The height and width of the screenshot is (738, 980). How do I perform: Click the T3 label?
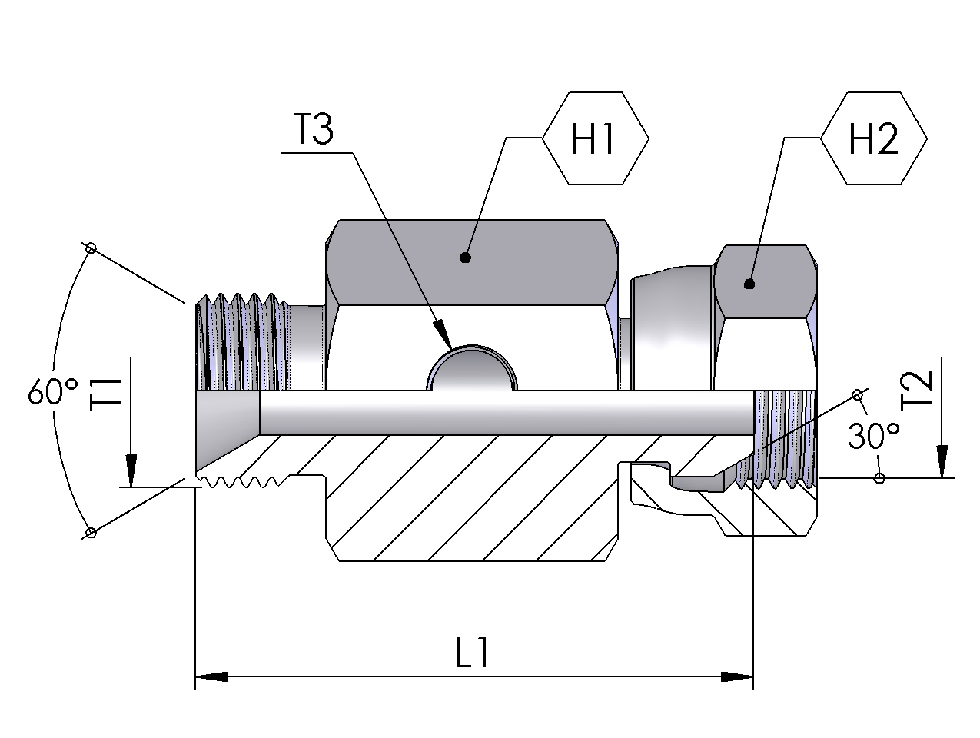coord(314,130)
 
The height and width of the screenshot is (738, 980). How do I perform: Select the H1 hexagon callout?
coord(595,138)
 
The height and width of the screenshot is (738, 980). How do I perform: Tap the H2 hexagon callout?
coord(874,138)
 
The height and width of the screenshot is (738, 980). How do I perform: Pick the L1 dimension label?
coord(472,653)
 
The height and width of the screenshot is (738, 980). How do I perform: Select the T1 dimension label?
coord(105,394)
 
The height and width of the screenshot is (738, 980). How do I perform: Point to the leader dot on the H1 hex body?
coord(465,258)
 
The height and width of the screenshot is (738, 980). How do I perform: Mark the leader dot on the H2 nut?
coord(749,284)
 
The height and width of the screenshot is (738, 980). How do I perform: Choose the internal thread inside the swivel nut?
coord(784,438)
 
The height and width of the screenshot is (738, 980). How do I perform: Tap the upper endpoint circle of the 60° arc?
coord(91,248)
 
